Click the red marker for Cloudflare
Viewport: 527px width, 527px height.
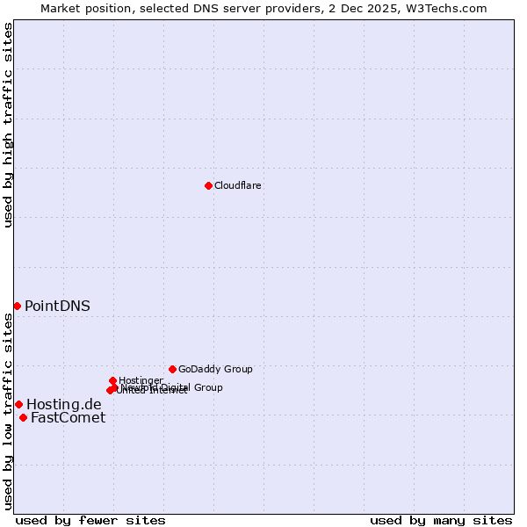tap(208, 185)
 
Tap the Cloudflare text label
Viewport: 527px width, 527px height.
tap(238, 185)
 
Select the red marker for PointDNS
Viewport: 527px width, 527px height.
tap(17, 306)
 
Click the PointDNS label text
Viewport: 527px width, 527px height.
tap(57, 306)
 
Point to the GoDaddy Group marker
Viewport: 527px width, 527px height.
tap(172, 369)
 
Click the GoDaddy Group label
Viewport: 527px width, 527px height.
tap(215, 369)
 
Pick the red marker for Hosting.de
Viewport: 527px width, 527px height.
tap(18, 404)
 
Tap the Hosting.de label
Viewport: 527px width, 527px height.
tap(64, 404)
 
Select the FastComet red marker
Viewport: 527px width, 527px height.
tap(23, 417)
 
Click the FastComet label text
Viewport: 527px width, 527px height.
tap(68, 417)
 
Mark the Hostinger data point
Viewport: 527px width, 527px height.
tap(113, 380)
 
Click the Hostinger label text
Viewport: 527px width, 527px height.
tap(141, 380)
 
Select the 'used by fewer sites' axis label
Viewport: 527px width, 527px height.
tap(90, 520)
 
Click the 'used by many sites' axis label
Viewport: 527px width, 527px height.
tap(441, 520)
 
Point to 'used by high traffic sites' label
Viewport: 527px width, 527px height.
tap(8, 125)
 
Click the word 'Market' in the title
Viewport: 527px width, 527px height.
tap(61, 8)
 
